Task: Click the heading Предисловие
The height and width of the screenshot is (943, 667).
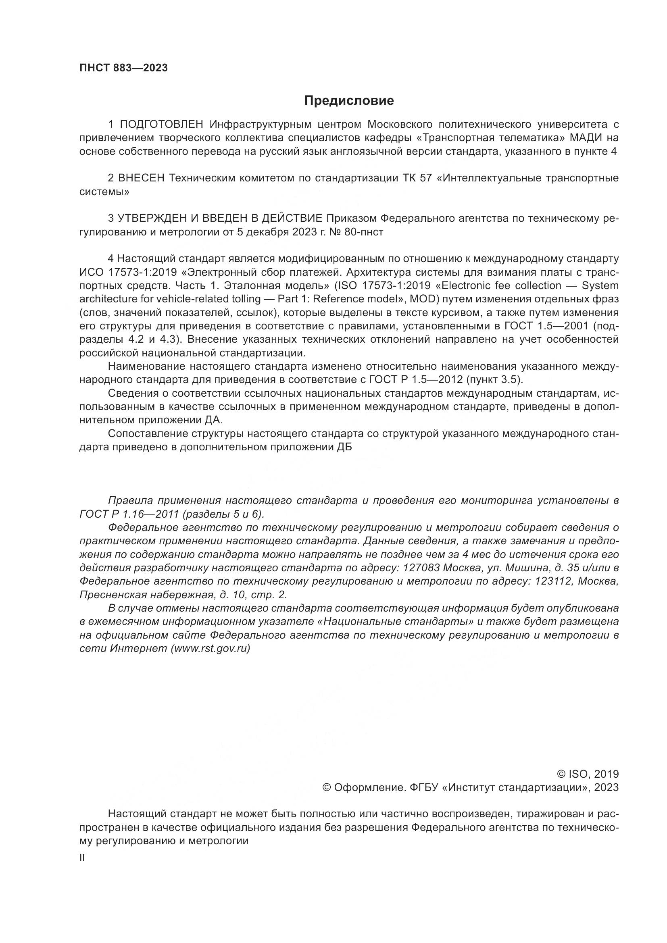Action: tap(349, 101)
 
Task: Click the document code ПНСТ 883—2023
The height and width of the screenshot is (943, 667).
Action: tap(124, 68)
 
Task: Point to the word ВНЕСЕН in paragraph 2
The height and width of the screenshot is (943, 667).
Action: tap(141, 178)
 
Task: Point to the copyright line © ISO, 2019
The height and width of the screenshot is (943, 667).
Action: tap(588, 774)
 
